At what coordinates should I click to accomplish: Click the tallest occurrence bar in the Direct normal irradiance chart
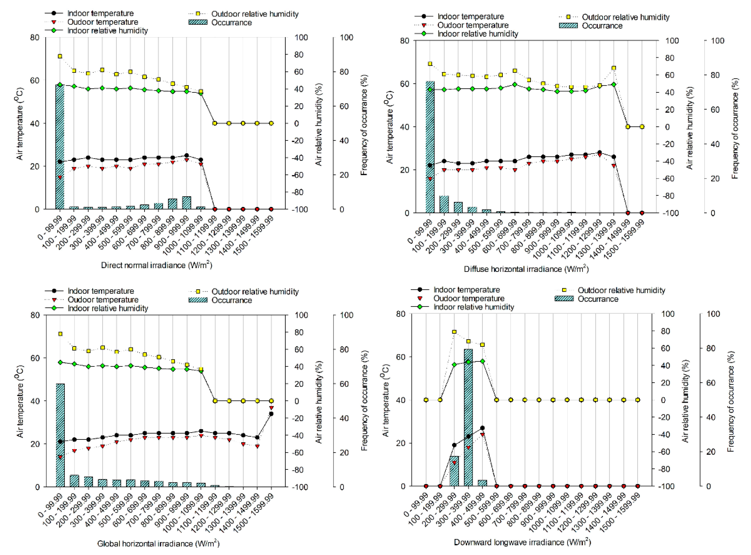60,148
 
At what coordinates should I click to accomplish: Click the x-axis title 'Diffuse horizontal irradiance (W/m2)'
526,269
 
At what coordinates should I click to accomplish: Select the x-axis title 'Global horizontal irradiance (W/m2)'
158,543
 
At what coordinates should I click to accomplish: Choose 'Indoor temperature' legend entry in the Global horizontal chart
101,291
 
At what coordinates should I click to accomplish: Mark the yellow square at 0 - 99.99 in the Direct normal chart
60,56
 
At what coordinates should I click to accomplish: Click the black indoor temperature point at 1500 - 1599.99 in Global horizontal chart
271,414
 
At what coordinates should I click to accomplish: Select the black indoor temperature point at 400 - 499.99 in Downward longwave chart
482,428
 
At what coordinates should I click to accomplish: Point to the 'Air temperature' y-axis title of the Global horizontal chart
20,402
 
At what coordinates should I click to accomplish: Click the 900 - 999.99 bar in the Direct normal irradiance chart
187,202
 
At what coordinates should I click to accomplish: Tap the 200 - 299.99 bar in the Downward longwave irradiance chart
454,471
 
